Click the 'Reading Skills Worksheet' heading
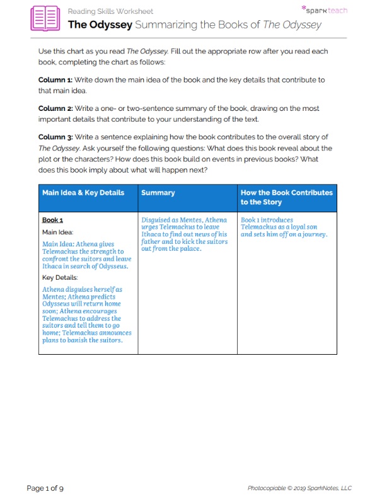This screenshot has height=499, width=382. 110,11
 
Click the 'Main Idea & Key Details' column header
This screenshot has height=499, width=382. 83,193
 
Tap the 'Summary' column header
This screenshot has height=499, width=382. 158,193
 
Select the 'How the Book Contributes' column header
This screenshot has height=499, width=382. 286,193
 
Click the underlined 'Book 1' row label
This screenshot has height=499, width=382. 52,221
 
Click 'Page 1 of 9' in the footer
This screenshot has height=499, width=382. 45,488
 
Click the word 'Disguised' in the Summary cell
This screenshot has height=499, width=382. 158,221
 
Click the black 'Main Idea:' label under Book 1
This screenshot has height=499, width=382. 58,232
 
